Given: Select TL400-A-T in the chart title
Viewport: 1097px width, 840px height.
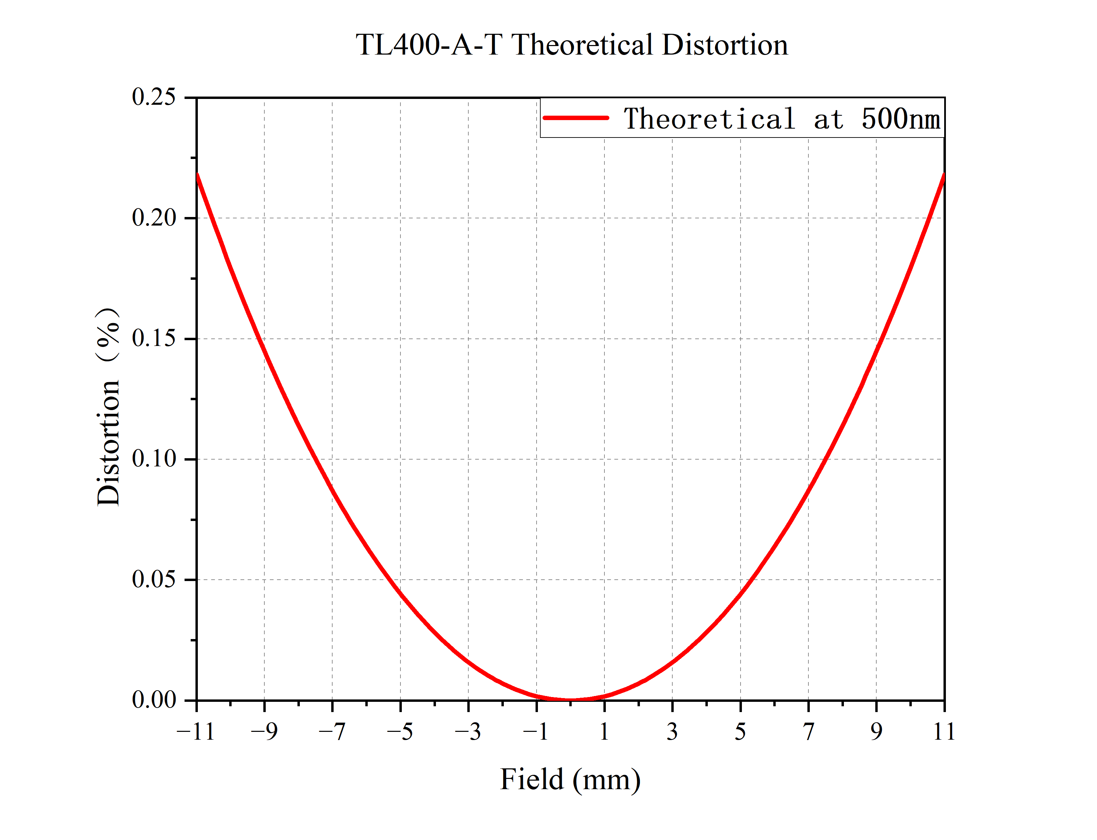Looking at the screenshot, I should coord(429,45).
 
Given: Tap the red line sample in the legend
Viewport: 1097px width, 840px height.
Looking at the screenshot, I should coord(576,118).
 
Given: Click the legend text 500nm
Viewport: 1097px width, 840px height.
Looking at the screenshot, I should coord(901,119).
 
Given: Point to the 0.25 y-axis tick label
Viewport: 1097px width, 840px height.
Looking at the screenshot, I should coord(154,97).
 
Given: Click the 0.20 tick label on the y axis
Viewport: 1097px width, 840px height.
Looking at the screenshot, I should coord(154,218).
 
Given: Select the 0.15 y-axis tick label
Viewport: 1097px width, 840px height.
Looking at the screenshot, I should coord(154,338).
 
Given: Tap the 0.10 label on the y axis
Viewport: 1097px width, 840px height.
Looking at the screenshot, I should coord(154,459).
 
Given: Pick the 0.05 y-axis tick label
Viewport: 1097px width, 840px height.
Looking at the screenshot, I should coord(154,579).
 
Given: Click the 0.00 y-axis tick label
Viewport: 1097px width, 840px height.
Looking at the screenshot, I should coord(154,700).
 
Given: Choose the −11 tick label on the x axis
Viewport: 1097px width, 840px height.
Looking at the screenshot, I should coord(195,732).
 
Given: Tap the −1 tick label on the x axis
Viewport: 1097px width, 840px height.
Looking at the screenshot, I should coord(536,732).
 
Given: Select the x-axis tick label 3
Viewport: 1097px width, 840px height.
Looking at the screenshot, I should coord(672,732).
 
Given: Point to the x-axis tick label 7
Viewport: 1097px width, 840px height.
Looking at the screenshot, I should coord(808,732).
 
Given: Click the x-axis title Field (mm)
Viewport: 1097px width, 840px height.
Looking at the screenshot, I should coord(570,780).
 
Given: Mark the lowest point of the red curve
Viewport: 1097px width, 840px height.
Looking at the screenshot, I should coord(570,699).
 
